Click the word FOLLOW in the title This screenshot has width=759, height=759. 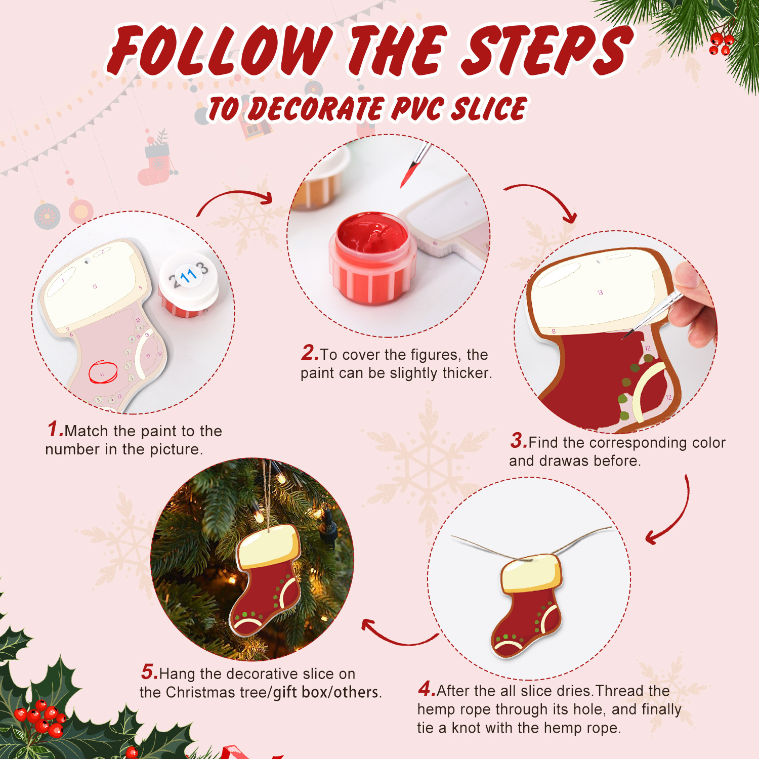[220, 51]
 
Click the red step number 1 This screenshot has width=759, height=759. [55, 429]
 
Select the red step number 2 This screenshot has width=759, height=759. [309, 353]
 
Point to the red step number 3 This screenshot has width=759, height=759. [518, 441]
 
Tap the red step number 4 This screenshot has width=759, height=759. [426, 689]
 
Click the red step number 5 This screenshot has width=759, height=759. [149, 672]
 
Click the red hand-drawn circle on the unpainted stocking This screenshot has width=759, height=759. [103, 372]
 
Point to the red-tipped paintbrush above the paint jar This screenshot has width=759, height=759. [415, 164]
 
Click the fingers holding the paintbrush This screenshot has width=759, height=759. [693, 304]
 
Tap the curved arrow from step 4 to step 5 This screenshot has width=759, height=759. [397, 635]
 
